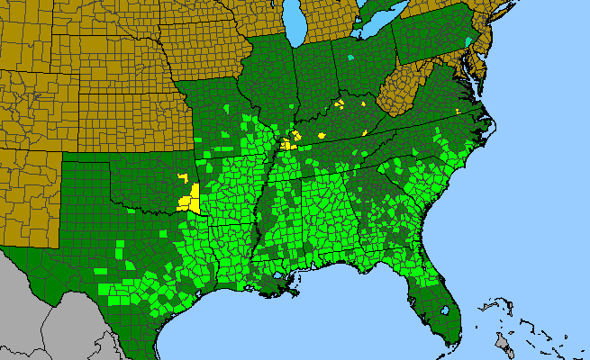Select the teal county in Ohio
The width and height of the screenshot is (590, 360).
pos(350,58)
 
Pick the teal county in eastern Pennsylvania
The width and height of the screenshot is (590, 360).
pos(467,41)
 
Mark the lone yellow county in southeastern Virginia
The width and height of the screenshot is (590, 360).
pos(458,111)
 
